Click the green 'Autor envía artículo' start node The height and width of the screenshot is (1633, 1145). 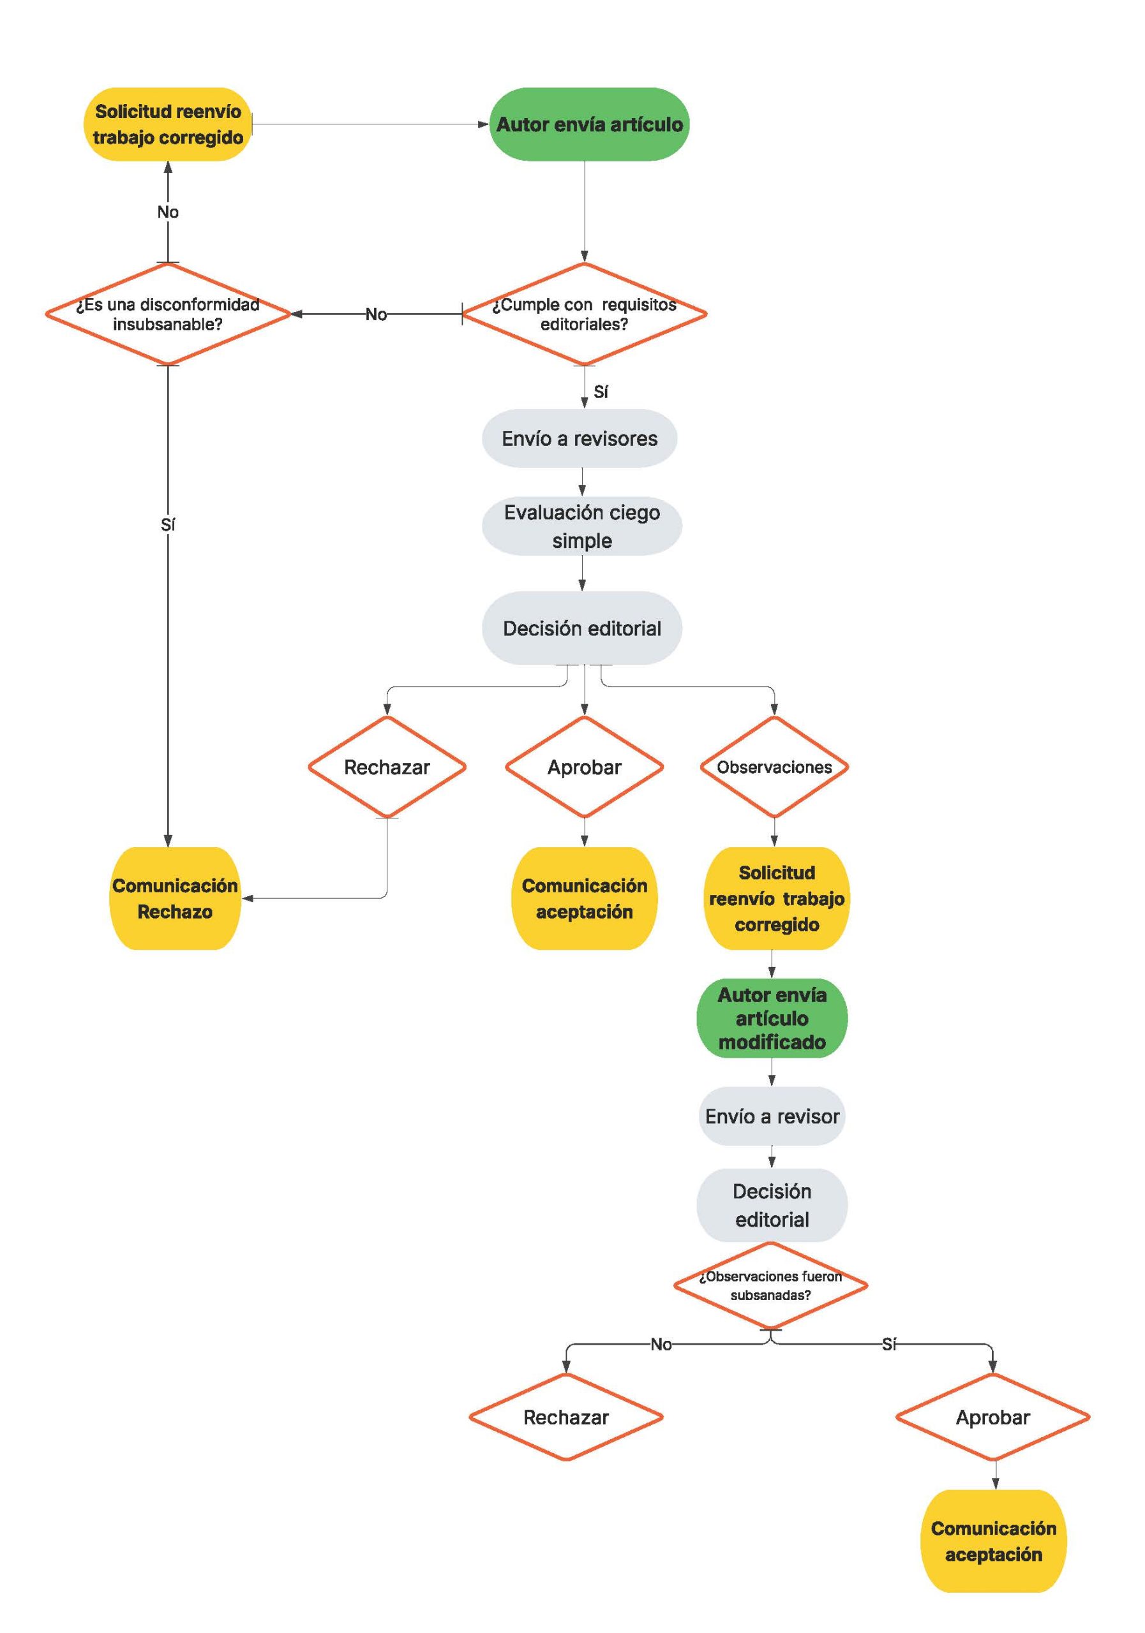[589, 124]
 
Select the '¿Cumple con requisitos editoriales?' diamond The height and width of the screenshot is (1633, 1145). [584, 314]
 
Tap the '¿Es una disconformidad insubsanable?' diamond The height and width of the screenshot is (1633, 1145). [168, 314]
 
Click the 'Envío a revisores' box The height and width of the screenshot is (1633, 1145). [580, 438]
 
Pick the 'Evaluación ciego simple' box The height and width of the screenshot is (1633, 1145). [581, 526]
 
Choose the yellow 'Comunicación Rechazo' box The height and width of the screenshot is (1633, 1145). [174, 898]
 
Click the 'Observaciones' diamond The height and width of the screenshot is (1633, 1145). [774, 767]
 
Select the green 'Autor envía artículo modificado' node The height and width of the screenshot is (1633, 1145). [772, 1019]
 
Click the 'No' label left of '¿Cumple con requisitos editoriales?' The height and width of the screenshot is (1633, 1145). [377, 314]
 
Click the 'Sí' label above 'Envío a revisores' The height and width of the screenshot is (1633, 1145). [601, 391]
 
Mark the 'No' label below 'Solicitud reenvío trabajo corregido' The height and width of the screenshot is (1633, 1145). [168, 212]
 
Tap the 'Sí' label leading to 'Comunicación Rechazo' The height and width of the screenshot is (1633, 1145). [168, 524]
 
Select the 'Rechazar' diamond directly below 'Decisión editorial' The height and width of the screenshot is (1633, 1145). [387, 767]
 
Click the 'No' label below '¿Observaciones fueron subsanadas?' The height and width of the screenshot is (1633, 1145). [661, 1344]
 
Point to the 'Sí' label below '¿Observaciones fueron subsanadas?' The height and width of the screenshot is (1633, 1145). [889, 1344]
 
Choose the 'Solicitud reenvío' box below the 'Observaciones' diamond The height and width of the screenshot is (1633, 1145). [776, 898]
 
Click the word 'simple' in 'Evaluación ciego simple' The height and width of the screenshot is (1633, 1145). [581, 540]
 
